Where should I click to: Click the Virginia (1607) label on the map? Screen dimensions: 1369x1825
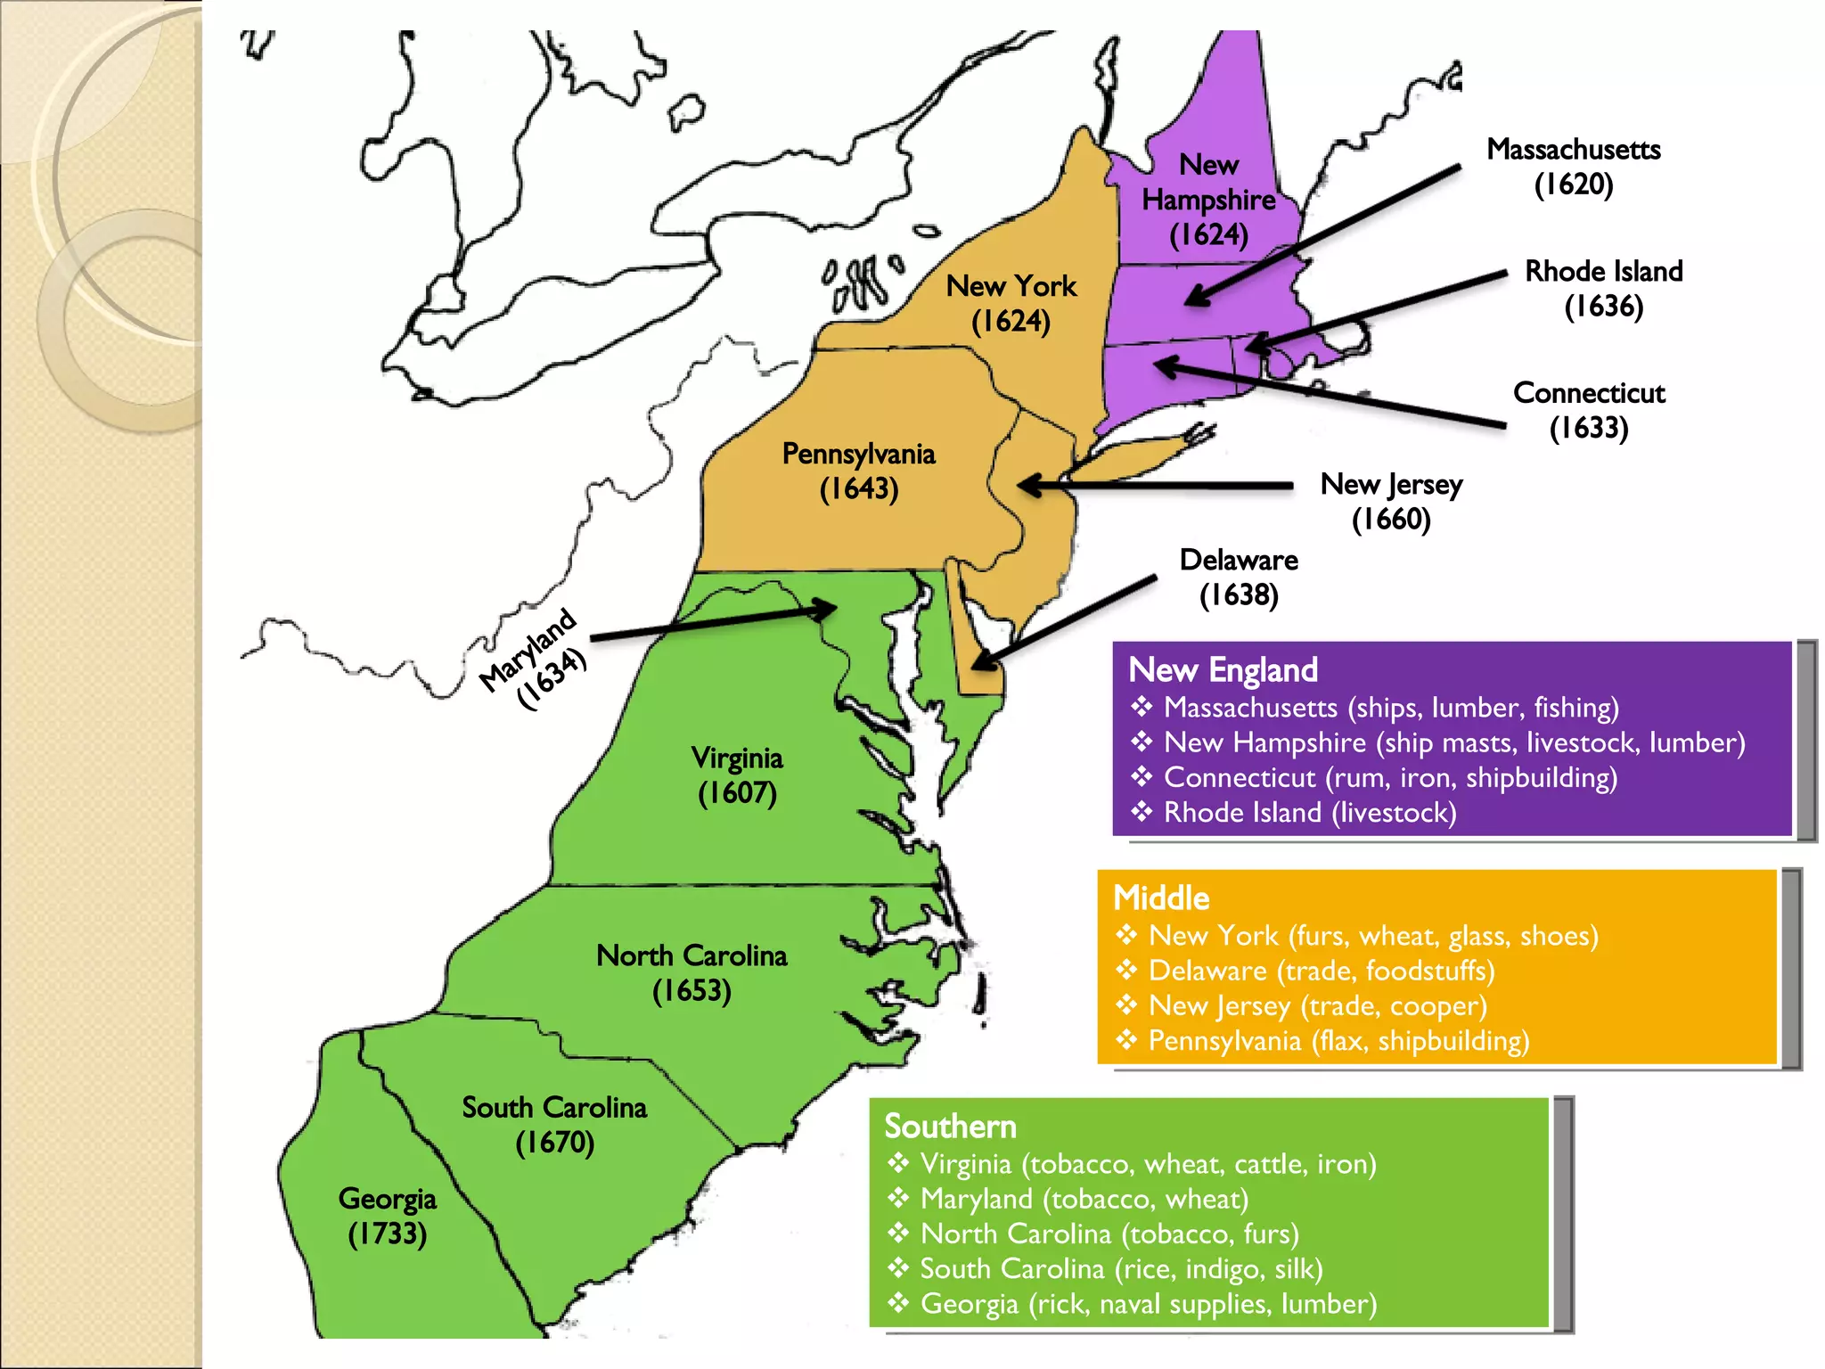coord(737,775)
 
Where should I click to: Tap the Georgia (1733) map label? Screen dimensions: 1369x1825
coord(388,1216)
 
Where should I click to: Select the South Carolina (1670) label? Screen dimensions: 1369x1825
coord(554,1125)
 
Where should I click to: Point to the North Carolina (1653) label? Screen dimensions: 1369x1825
coord(692,972)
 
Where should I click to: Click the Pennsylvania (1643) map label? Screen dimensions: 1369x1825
coord(859,471)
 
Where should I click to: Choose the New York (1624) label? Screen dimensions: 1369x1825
coord(1011,303)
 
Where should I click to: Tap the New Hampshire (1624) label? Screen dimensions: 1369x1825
coord(1208,200)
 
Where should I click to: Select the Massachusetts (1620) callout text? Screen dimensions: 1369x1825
coord(1574,167)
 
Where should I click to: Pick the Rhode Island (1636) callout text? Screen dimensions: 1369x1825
coord(1604,288)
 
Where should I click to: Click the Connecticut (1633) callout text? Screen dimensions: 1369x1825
coord(1589,410)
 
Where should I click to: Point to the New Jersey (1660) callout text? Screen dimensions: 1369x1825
coord(1391,501)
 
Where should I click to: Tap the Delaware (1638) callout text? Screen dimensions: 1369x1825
coord(1239,577)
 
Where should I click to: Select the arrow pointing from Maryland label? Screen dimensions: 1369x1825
coord(713,623)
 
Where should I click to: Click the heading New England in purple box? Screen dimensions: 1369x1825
coord(1223,670)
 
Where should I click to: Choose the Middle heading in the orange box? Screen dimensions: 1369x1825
coord(1161,898)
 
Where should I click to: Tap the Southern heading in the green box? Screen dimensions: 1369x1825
coord(950,1127)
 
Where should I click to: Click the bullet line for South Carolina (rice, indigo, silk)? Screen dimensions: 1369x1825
coord(1121,1269)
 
